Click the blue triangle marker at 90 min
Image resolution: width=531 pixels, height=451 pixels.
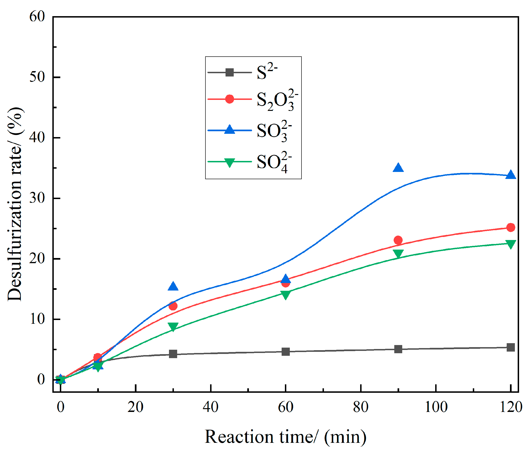[x=398, y=168]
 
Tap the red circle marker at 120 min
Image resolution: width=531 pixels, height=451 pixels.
[x=510, y=227]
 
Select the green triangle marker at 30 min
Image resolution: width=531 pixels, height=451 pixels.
[x=173, y=327]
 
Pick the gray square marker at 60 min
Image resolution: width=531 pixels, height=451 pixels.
[x=286, y=352]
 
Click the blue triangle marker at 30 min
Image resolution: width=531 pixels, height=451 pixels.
[x=173, y=286]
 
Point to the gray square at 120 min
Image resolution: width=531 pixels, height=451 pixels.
[x=510, y=347]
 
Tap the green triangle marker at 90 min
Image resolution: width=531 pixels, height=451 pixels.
[x=398, y=253]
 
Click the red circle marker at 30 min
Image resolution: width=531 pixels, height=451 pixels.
[x=173, y=306]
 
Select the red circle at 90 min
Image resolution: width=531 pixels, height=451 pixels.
[x=398, y=240]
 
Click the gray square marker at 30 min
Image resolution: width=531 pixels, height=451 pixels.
[x=173, y=354]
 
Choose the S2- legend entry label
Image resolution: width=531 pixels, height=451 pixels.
[x=267, y=72]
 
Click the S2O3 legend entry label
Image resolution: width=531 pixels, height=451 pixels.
[x=277, y=100]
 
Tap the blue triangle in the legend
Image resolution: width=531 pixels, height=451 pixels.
[x=229, y=130]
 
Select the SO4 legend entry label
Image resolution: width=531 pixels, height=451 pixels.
[x=273, y=162]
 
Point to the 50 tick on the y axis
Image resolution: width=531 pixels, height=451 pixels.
[x=37, y=77]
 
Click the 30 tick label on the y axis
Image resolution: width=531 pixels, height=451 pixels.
[x=37, y=198]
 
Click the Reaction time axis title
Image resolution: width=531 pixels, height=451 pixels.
[x=285, y=437]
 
